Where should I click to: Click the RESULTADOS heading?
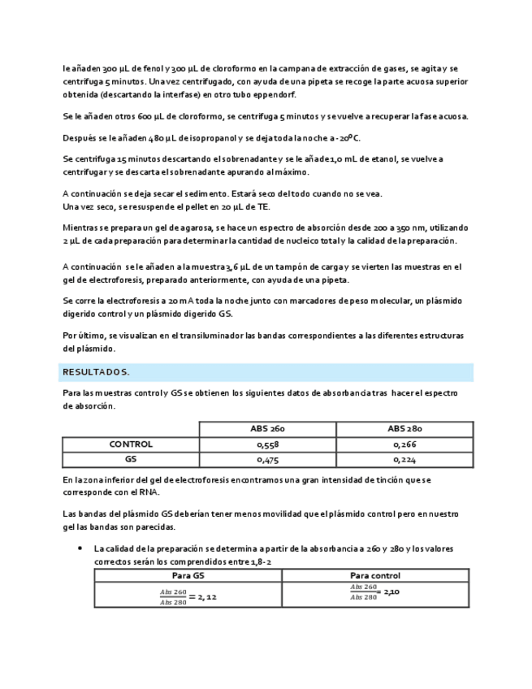click(96, 372)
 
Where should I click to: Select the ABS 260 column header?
click(267, 429)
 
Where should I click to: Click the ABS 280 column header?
click(404, 429)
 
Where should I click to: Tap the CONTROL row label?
click(131, 444)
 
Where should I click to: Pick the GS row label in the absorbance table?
click(131, 459)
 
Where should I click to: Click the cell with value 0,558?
click(267, 444)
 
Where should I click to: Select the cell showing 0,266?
click(404, 444)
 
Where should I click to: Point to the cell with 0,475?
click(267, 459)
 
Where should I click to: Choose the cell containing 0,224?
click(404, 459)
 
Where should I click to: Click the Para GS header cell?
click(188, 575)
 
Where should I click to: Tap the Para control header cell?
click(374, 575)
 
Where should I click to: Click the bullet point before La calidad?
click(80, 548)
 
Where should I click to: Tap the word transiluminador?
click(200, 335)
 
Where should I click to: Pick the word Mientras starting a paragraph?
click(81, 228)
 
